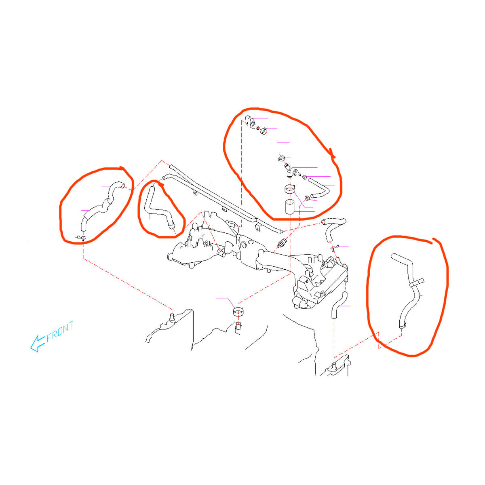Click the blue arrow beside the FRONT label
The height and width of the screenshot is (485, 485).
(38, 343)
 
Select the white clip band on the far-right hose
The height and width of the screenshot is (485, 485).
(417, 283)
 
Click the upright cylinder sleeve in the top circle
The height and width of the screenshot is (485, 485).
(289, 207)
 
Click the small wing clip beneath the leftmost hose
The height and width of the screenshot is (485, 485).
(82, 237)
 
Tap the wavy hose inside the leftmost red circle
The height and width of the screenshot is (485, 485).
(101, 207)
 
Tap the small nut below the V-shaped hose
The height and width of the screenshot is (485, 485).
(307, 198)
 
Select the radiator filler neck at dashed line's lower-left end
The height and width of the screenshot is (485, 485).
(172, 317)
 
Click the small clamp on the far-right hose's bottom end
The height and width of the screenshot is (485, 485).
(402, 326)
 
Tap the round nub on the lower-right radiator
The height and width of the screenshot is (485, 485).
(334, 365)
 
